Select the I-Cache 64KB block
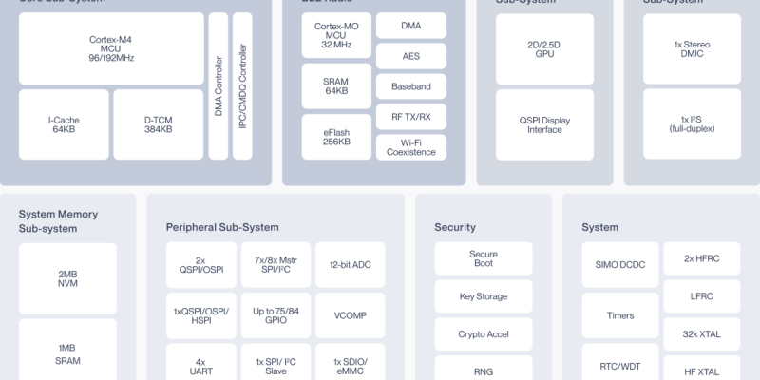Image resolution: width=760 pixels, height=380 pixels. pyautogui.click(x=64, y=123)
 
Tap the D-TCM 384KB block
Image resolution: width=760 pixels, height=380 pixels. pyautogui.click(x=158, y=123)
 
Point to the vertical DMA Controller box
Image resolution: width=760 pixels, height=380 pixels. pyautogui.click(x=218, y=85)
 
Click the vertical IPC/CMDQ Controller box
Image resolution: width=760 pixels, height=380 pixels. pyautogui.click(x=242, y=85)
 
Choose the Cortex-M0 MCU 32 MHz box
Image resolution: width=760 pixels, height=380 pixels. pyautogui.click(x=335, y=35)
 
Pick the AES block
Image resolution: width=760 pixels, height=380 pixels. pyautogui.click(x=410, y=56)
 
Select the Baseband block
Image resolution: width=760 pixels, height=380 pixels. pyautogui.click(x=410, y=86)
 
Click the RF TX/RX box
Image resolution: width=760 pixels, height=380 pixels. pyautogui.click(x=410, y=117)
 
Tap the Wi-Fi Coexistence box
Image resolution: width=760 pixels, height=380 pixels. pyautogui.click(x=410, y=147)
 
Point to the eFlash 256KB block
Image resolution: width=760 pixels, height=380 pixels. pyautogui.click(x=335, y=136)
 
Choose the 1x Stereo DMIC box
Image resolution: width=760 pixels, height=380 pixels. pyautogui.click(x=691, y=49)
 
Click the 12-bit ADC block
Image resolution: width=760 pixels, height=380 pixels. pyautogui.click(x=350, y=265)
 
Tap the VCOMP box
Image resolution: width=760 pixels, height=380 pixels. pyautogui.click(x=350, y=315)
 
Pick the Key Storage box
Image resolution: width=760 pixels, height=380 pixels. pyautogui.click(x=483, y=296)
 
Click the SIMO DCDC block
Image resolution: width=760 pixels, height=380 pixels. pyautogui.click(x=619, y=265)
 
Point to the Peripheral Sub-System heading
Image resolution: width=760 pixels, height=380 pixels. pyautogui.click(x=222, y=227)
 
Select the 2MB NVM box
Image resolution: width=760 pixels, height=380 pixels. pyautogui.click(x=67, y=279)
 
